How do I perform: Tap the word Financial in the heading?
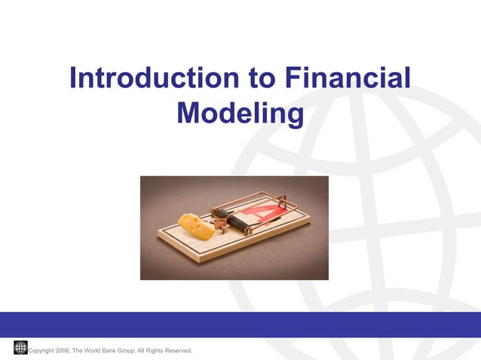pos(348,78)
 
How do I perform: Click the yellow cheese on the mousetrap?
pos(195,225)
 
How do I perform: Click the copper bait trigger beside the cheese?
pos(219,224)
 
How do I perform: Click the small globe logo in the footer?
pos(20,346)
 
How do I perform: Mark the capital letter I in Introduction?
pos(73,78)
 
